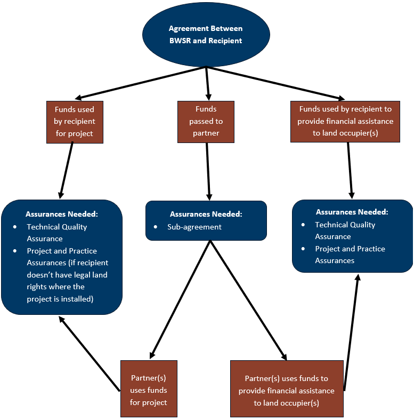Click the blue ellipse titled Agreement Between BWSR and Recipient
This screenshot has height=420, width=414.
click(x=206, y=35)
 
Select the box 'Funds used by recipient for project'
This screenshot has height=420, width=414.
click(x=74, y=122)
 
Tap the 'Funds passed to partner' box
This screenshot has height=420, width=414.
click(x=206, y=121)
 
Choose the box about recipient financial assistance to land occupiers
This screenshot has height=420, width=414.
click(x=345, y=121)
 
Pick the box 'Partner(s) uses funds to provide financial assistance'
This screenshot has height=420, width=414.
click(x=287, y=388)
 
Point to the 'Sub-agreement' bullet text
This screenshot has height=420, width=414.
click(x=195, y=227)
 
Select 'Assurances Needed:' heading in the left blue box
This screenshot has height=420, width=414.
click(x=62, y=214)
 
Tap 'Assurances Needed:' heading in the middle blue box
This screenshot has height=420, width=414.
click(x=206, y=214)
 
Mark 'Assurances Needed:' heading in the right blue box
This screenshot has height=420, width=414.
click(x=352, y=212)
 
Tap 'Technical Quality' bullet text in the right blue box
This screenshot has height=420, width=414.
click(x=345, y=225)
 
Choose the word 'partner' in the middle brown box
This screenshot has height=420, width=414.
click(x=206, y=133)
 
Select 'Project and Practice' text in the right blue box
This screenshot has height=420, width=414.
click(x=350, y=249)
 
